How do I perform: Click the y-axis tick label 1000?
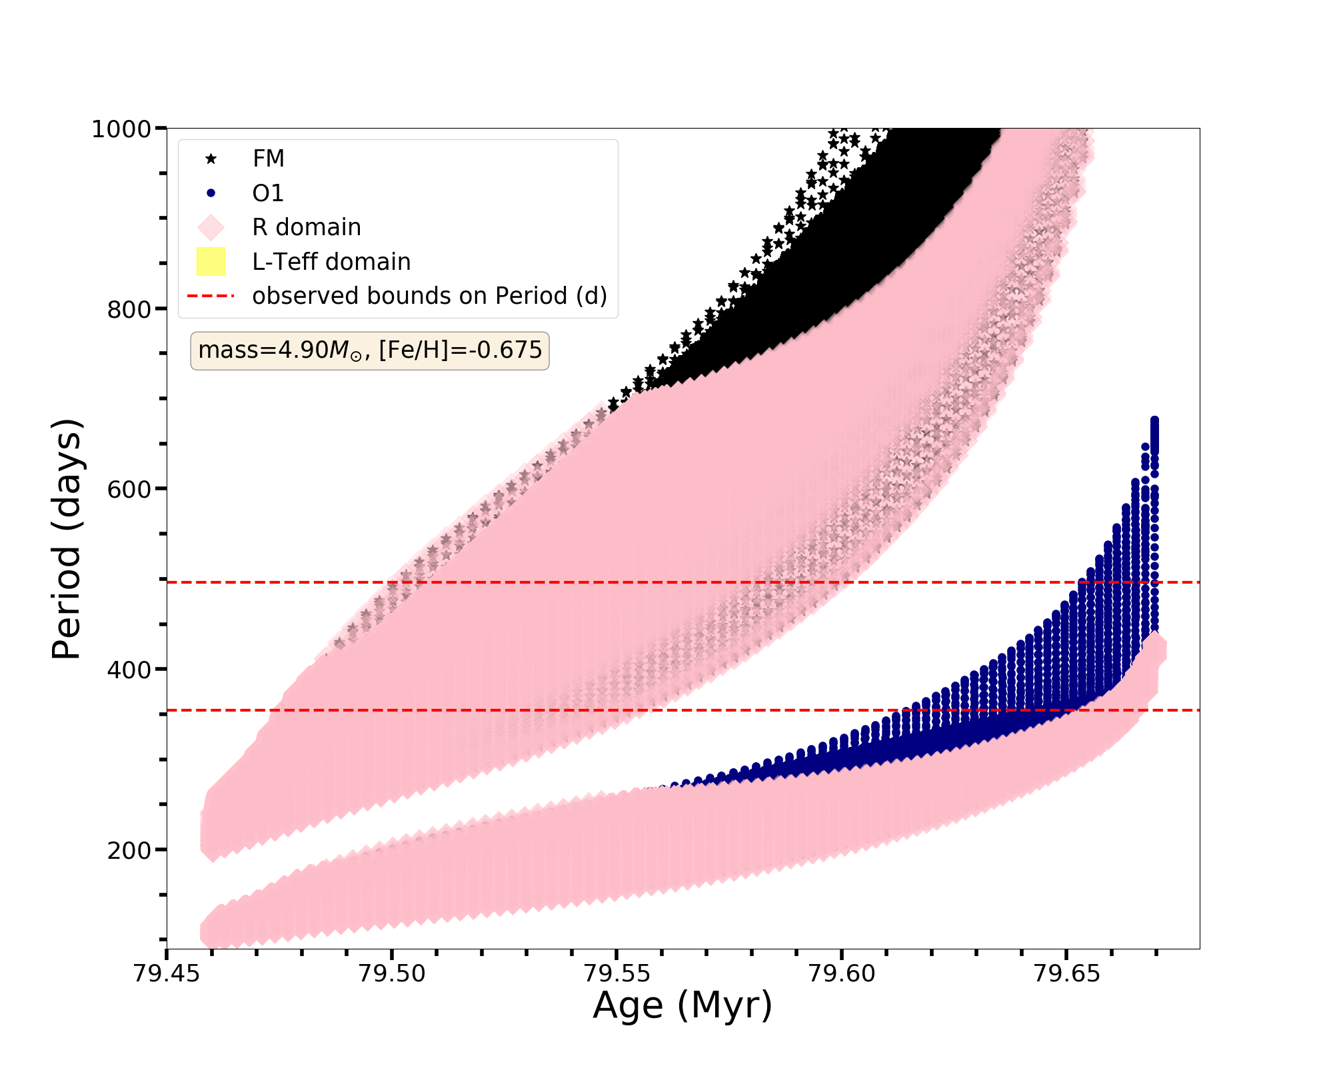121,129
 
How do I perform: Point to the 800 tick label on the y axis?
129,309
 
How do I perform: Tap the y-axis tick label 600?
129,489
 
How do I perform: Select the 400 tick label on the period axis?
129,670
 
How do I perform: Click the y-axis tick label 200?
129,850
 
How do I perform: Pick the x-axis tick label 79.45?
167,974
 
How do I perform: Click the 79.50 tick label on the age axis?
391,974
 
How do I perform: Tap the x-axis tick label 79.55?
616,974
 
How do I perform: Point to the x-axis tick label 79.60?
840,974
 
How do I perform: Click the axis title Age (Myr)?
682,1005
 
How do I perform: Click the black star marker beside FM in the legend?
211,159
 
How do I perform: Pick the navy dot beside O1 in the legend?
211,193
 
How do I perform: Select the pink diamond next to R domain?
211,227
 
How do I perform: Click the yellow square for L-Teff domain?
211,262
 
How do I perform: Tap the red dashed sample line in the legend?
211,296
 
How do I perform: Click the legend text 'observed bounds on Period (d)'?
429,296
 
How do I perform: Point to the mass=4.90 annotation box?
370,350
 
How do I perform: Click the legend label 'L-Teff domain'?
331,262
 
